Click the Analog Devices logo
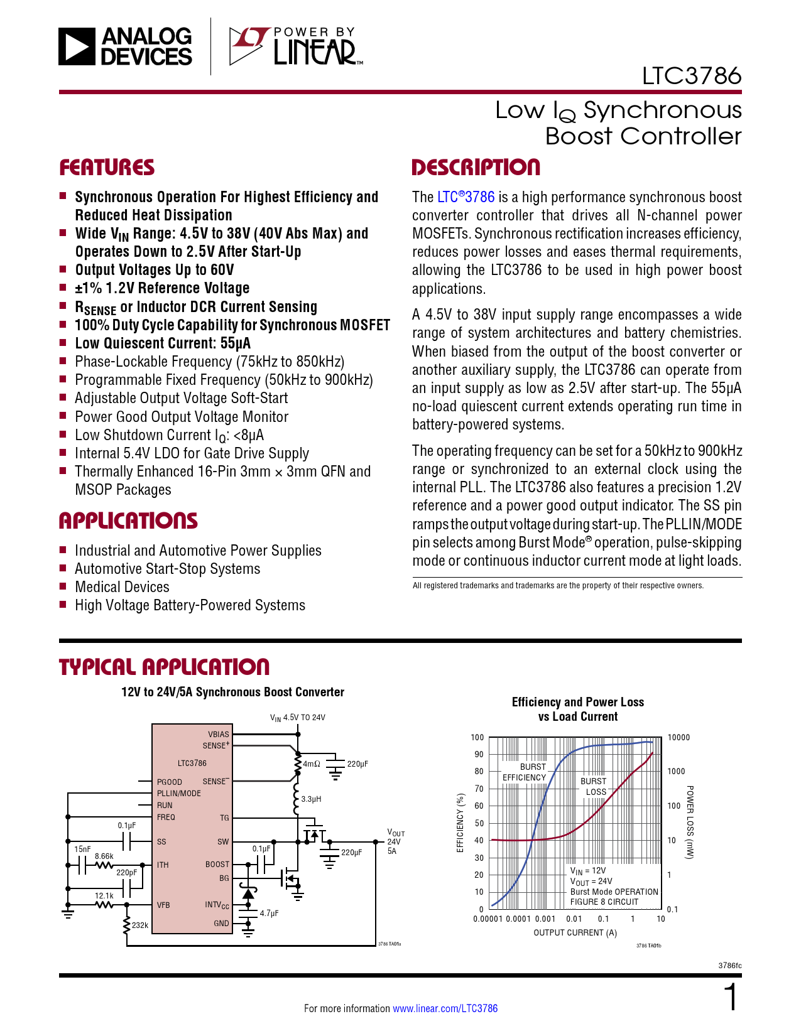coord(126,46)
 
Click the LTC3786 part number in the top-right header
coord(691,76)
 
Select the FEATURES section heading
coord(107,168)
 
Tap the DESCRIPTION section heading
coord(476,168)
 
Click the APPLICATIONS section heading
coord(128,521)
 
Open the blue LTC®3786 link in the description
coord(466,197)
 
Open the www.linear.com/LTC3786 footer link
coord(445,1008)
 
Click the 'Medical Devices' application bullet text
coord(122,587)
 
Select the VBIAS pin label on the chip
coord(219,734)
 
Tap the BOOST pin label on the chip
coord(217,865)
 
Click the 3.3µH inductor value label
coord(312,799)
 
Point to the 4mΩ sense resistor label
coord(312,764)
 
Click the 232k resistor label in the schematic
coord(140,925)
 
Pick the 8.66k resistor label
coord(104,856)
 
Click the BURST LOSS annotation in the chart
coord(594,787)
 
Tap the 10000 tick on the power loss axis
coord(678,738)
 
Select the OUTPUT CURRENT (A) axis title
coord(575,933)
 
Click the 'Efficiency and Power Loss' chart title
coord(577,703)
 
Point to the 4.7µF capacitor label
coord(269,914)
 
